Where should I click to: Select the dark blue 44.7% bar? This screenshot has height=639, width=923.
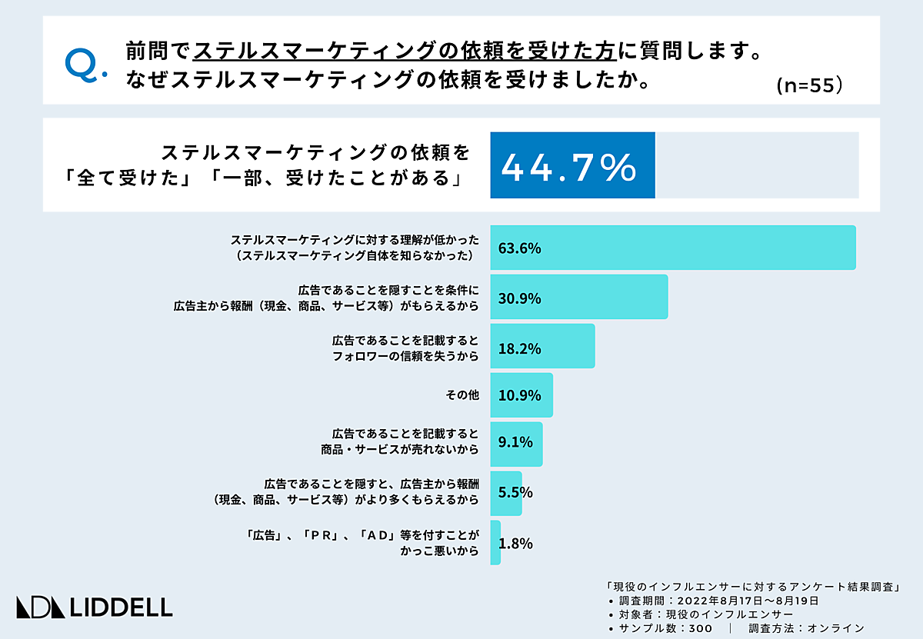pyautogui.click(x=572, y=165)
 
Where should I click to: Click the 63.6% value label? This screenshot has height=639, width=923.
pyautogui.click(x=520, y=248)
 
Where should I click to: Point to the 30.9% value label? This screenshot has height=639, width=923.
pyautogui.click(x=520, y=298)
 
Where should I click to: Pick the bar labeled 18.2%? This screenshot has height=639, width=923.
pyautogui.click(x=543, y=347)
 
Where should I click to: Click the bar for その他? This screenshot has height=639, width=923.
pyautogui.click(x=521, y=395)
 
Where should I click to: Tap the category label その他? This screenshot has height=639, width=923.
pyautogui.click(x=462, y=395)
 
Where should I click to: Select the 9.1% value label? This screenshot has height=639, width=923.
pyautogui.click(x=515, y=444)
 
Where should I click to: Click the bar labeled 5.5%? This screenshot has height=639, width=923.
pyautogui.click(x=506, y=493)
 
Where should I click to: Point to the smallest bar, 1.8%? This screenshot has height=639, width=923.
pyautogui.click(x=495, y=542)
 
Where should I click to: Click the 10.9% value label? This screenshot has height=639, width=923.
pyautogui.click(x=520, y=395)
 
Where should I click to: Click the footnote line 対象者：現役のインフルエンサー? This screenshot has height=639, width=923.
pyautogui.click(x=700, y=614)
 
